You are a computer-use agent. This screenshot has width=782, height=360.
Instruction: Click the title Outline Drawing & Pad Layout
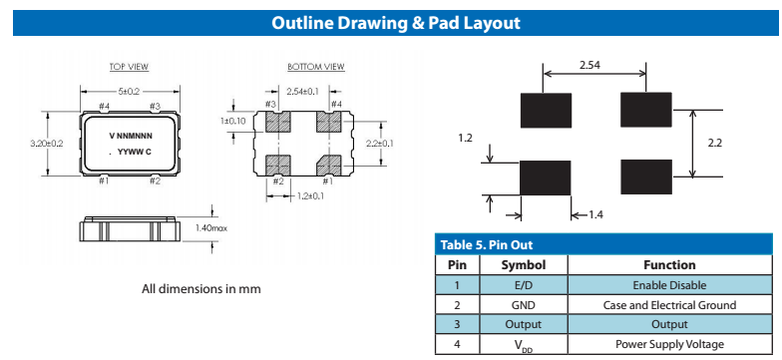(396, 23)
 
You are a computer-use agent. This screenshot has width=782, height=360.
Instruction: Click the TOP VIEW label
(130, 67)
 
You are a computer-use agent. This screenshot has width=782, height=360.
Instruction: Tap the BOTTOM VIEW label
(316, 67)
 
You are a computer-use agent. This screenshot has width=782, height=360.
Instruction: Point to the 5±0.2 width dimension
(130, 92)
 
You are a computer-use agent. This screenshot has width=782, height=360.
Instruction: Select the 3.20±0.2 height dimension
(47, 144)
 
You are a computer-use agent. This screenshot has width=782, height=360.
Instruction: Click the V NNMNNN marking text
(132, 136)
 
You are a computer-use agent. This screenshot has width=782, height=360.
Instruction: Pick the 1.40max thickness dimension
(211, 227)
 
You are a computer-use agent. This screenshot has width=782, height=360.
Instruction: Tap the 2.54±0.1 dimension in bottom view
(302, 92)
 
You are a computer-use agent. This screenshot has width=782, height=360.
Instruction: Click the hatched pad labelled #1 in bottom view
(329, 166)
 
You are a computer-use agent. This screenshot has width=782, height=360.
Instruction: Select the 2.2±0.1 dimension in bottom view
(380, 144)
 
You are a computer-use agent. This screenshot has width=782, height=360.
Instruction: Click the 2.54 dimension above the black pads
(590, 65)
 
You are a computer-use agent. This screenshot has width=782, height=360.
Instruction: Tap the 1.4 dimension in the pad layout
(596, 215)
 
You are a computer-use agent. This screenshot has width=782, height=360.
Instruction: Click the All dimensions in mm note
(201, 289)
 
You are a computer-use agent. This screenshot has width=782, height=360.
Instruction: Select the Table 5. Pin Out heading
(487, 245)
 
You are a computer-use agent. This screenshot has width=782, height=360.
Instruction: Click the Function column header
(669, 265)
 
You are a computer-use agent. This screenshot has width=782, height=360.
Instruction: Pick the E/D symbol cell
(523, 285)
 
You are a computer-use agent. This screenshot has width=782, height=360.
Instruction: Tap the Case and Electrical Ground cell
(669, 305)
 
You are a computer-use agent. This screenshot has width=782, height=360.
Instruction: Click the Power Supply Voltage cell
(669, 344)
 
